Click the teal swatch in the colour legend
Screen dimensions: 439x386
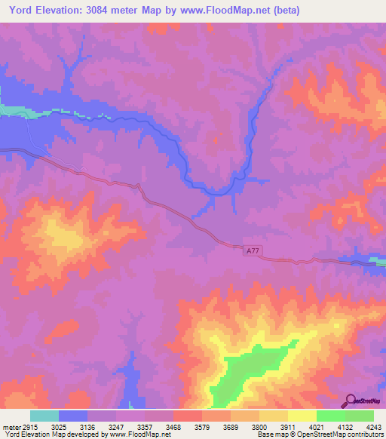[x=44, y=416]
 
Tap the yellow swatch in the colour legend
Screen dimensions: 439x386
[x=302, y=416]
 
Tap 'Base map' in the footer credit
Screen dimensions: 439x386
[x=271, y=434]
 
